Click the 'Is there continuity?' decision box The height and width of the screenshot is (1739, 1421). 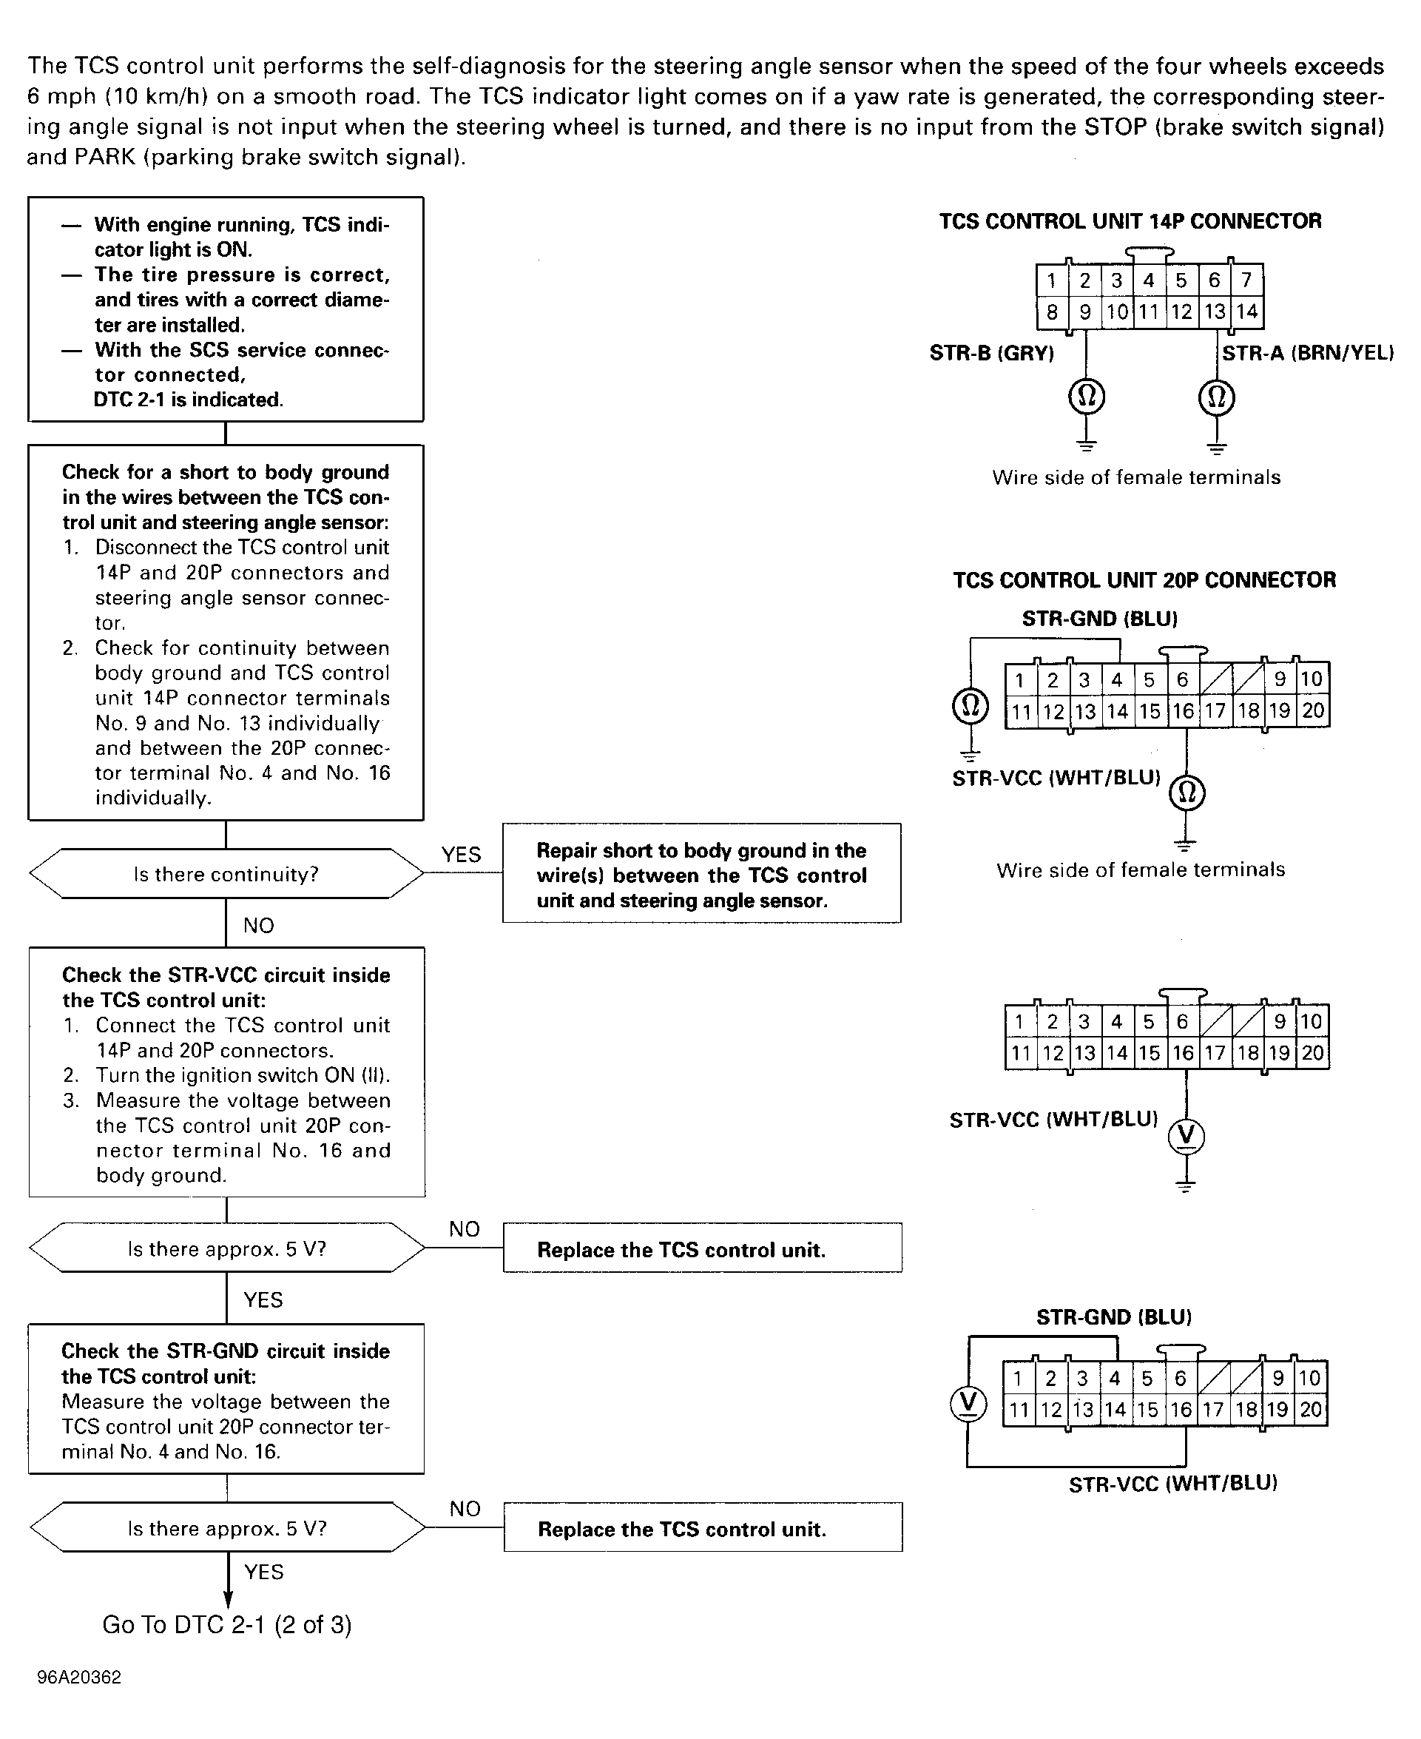coord(226,874)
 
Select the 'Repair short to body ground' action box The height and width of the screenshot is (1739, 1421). coord(701,874)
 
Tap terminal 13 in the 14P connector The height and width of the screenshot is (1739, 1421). coord(1215,312)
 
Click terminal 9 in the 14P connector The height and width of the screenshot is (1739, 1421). coord(1084,312)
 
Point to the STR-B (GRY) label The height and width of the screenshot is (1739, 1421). coord(991,354)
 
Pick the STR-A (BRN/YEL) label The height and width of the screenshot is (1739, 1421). coord(1307,354)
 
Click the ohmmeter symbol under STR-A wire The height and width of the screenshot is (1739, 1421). coord(1216,397)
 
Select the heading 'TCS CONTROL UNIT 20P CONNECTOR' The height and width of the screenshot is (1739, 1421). coord(1144,580)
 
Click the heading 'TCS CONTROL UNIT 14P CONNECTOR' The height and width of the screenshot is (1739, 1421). coord(1130,221)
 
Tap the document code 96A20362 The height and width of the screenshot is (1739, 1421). coord(78,1677)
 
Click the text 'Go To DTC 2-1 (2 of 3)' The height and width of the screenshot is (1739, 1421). coord(227,1624)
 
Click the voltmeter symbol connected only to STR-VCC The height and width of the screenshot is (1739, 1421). coord(1186,1136)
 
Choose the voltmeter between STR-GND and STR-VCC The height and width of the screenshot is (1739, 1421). coord(968,1402)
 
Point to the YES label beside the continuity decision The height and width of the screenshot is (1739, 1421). coord(461,855)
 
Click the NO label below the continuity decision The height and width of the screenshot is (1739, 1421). coord(259,925)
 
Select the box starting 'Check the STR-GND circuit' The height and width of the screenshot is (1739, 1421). coord(226,1399)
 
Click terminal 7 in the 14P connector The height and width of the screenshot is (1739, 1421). coord(1246,280)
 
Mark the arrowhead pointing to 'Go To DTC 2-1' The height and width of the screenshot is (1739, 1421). coord(228,1598)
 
